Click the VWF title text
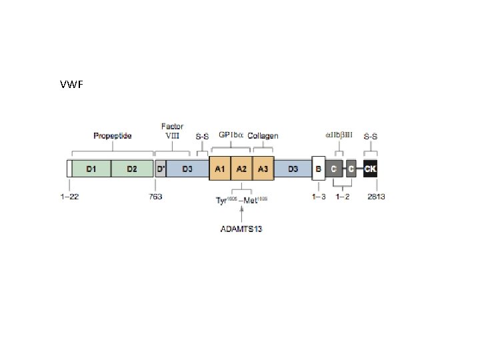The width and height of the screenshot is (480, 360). [x=71, y=85]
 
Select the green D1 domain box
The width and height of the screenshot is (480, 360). [x=91, y=169]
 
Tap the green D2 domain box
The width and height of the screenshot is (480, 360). [x=132, y=169]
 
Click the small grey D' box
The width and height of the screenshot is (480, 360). [x=161, y=169]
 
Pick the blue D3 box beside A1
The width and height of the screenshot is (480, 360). [x=187, y=169]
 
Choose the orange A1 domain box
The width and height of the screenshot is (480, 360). [x=219, y=169]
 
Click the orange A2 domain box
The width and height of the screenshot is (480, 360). [x=241, y=169]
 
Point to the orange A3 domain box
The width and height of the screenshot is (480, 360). [x=263, y=169]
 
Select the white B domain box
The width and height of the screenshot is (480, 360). [x=318, y=169]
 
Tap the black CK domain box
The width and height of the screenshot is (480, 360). [x=371, y=169]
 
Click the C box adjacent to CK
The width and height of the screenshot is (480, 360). [x=351, y=169]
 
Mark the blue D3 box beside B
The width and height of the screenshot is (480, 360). [x=293, y=169]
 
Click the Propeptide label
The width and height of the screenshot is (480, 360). [x=112, y=136]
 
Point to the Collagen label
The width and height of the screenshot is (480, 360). [x=263, y=136]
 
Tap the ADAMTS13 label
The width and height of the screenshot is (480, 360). [x=241, y=229]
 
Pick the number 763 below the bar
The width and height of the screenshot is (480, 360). [x=155, y=197]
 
